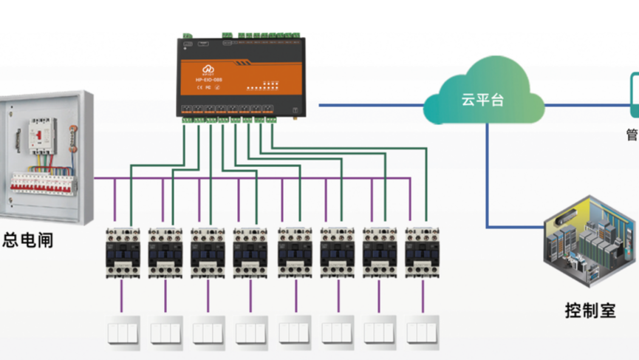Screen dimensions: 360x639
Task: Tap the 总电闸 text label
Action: click(x=27, y=240)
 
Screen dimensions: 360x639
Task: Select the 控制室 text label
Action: click(x=590, y=310)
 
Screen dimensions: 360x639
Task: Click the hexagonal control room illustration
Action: click(x=590, y=241)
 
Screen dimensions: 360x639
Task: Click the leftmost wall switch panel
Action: click(x=122, y=333)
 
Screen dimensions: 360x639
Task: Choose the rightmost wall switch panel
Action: click(x=422, y=333)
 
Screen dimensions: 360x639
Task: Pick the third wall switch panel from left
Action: click(x=208, y=333)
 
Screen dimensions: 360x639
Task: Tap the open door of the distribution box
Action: click(x=6, y=163)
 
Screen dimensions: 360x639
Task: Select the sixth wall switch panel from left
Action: click(x=336, y=333)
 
